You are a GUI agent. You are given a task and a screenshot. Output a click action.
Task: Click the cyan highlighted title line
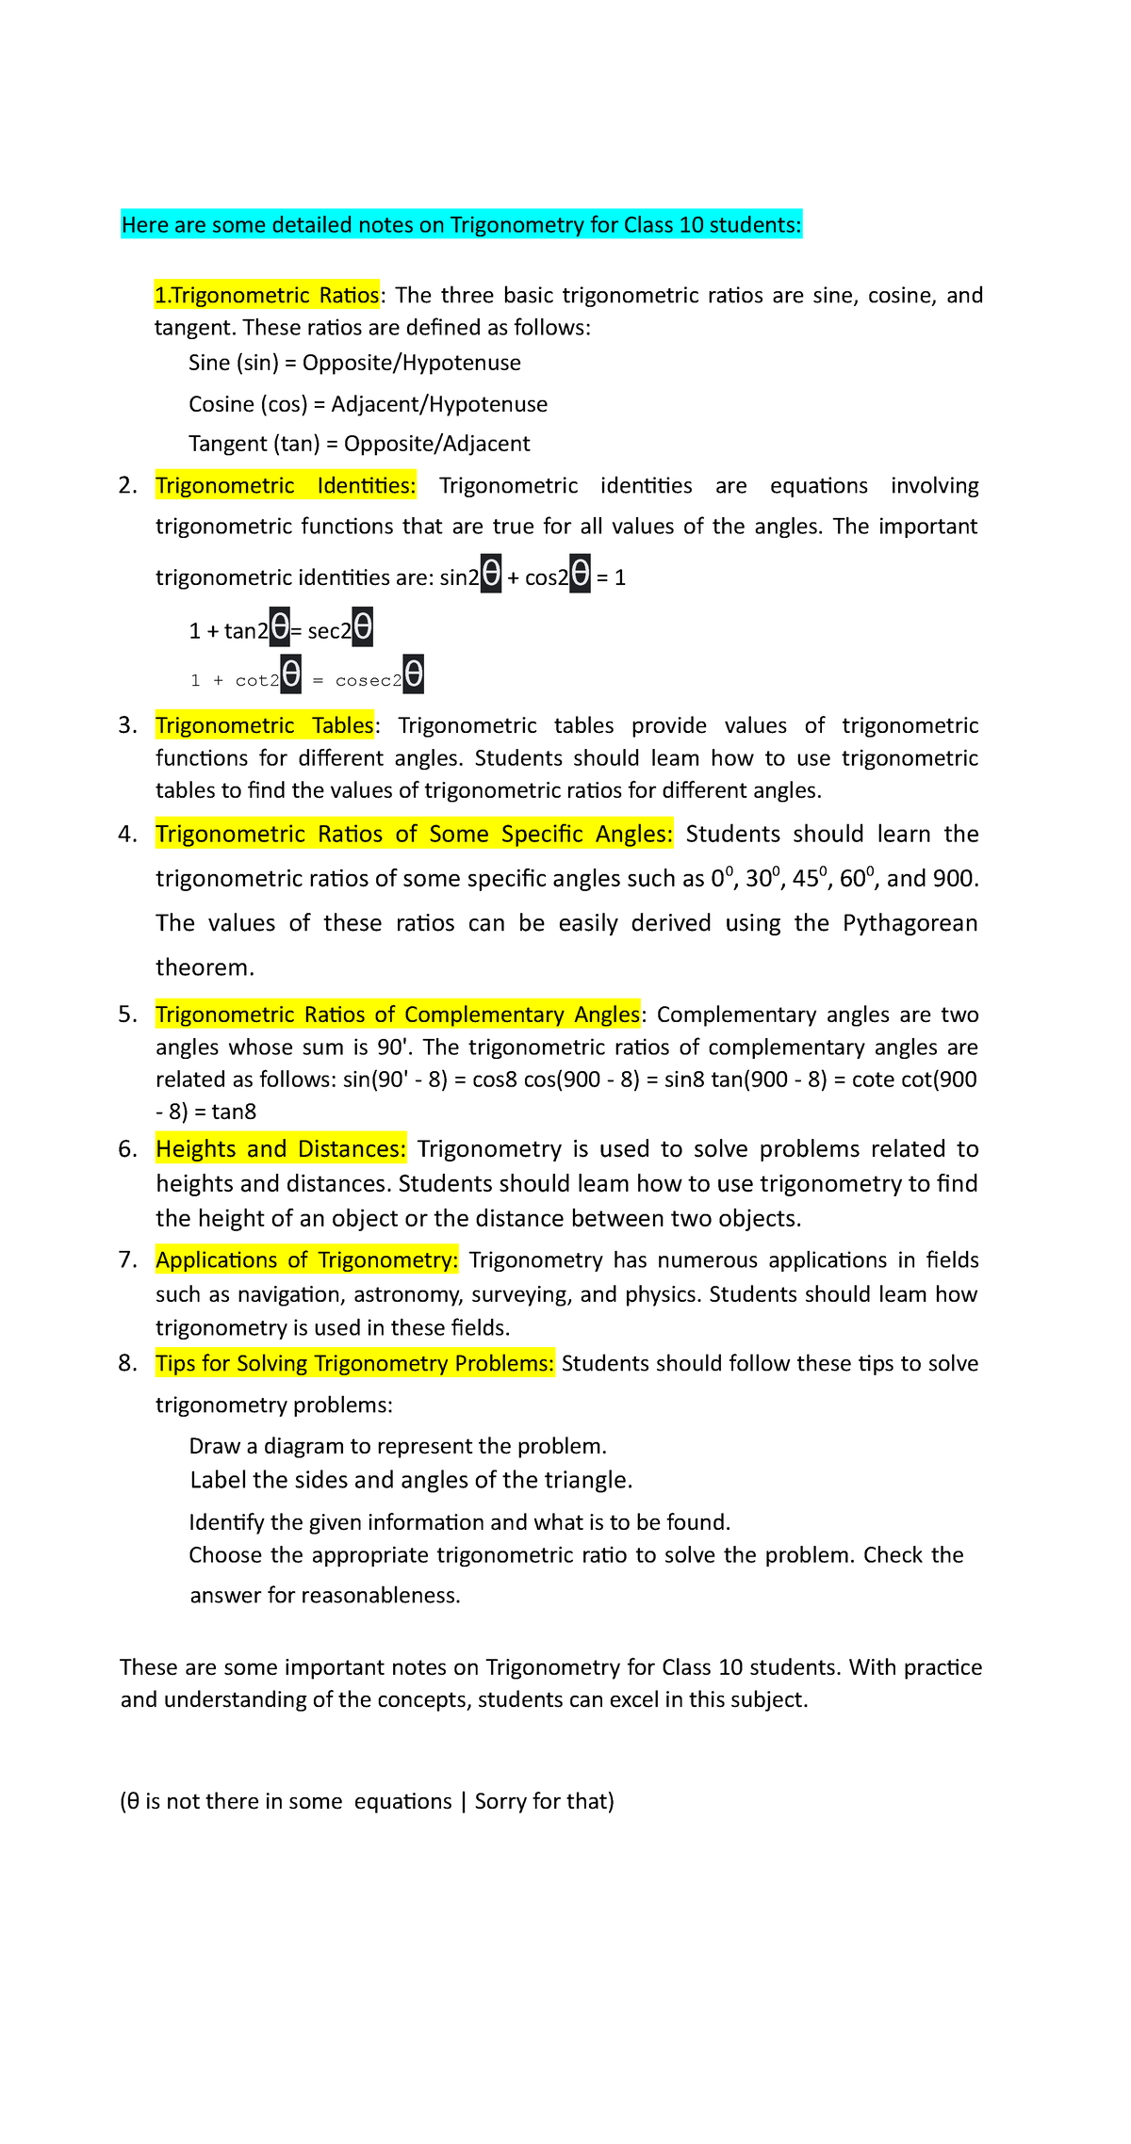pyautogui.click(x=461, y=225)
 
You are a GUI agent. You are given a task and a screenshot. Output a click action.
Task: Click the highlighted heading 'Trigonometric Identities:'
pyautogui.click(x=285, y=486)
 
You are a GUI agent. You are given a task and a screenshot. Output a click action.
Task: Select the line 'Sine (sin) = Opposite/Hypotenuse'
pyautogui.click(x=354, y=364)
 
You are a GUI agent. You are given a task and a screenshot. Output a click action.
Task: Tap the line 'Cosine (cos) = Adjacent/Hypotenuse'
pyautogui.click(x=368, y=404)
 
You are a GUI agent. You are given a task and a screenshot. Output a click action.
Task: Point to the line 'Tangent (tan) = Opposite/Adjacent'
pyautogui.click(x=359, y=444)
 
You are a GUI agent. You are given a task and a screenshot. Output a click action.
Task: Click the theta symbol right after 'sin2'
pyautogui.click(x=491, y=574)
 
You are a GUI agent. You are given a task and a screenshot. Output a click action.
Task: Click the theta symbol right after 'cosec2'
pyautogui.click(x=413, y=674)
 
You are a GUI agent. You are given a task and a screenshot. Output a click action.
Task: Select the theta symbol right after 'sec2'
pyautogui.click(x=363, y=627)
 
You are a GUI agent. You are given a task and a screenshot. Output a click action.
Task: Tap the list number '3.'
pyautogui.click(x=127, y=725)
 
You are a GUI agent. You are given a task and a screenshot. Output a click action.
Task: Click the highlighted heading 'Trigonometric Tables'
pyautogui.click(x=265, y=725)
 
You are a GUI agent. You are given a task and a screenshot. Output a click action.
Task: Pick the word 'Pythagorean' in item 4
pyautogui.click(x=910, y=923)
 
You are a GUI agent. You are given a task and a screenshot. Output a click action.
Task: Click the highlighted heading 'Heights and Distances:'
pyautogui.click(x=281, y=1149)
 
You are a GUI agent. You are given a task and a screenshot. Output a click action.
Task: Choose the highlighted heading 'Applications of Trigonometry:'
pyautogui.click(x=306, y=1260)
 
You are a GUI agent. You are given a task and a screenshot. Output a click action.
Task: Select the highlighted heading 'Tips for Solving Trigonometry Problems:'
pyautogui.click(x=354, y=1364)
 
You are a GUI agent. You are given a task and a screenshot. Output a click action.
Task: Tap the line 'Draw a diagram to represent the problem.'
pyautogui.click(x=398, y=1446)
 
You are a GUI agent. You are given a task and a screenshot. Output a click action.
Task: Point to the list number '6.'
pyautogui.click(x=127, y=1149)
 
